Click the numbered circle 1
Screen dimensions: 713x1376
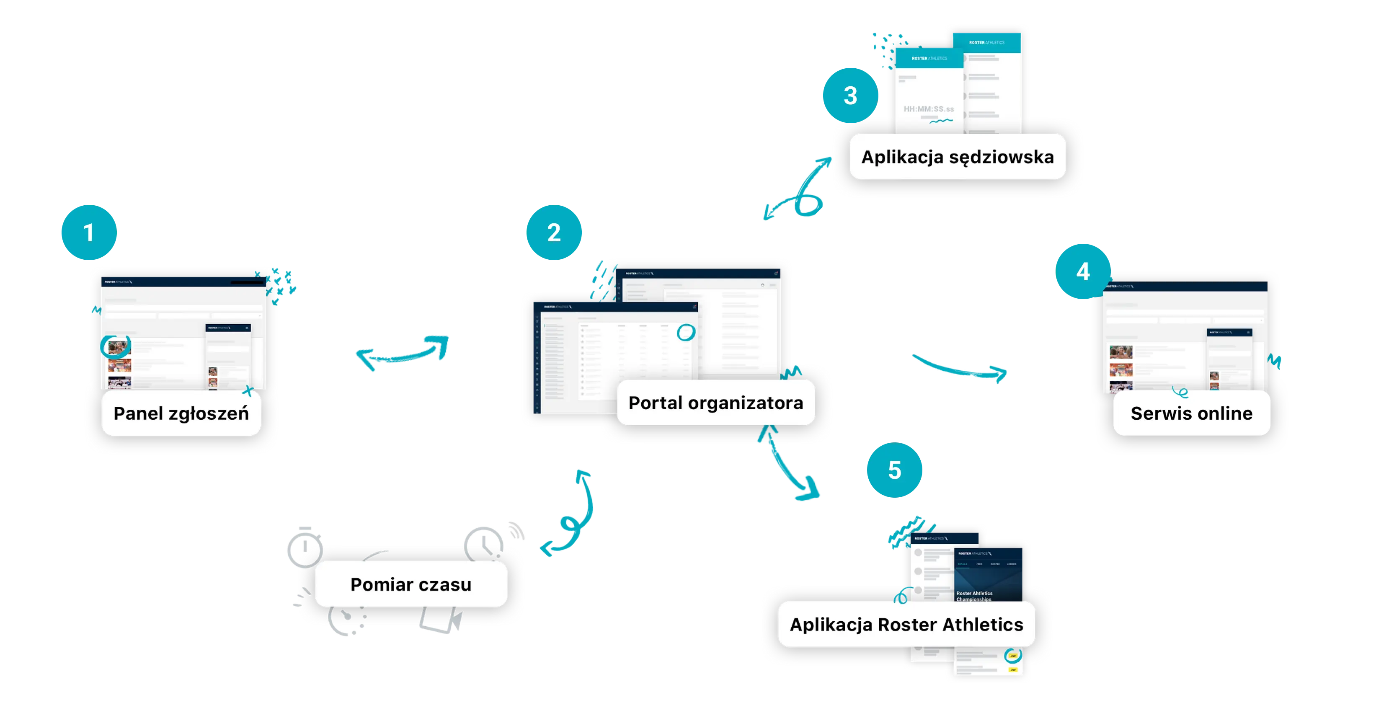[89, 233]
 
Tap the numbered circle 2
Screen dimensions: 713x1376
[554, 233]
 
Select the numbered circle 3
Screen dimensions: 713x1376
[850, 96]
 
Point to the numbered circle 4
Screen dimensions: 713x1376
[1083, 272]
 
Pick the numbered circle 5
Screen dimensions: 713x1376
[895, 470]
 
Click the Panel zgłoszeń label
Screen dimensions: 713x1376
[181, 413]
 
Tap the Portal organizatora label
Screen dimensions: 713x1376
[716, 403]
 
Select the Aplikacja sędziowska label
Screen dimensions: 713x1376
[957, 157]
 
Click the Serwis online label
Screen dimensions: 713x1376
[1191, 413]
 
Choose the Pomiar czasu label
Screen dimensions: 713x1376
[411, 584]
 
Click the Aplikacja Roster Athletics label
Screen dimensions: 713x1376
[906, 624]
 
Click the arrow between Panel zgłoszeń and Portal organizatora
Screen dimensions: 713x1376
[404, 352]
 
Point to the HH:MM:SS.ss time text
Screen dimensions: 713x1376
[928, 109]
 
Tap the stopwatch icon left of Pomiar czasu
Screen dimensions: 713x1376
[305, 548]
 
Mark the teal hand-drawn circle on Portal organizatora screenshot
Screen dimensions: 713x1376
[686, 333]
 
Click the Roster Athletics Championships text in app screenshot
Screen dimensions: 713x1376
[974, 596]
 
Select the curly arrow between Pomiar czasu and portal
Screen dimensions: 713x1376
[571, 518]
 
